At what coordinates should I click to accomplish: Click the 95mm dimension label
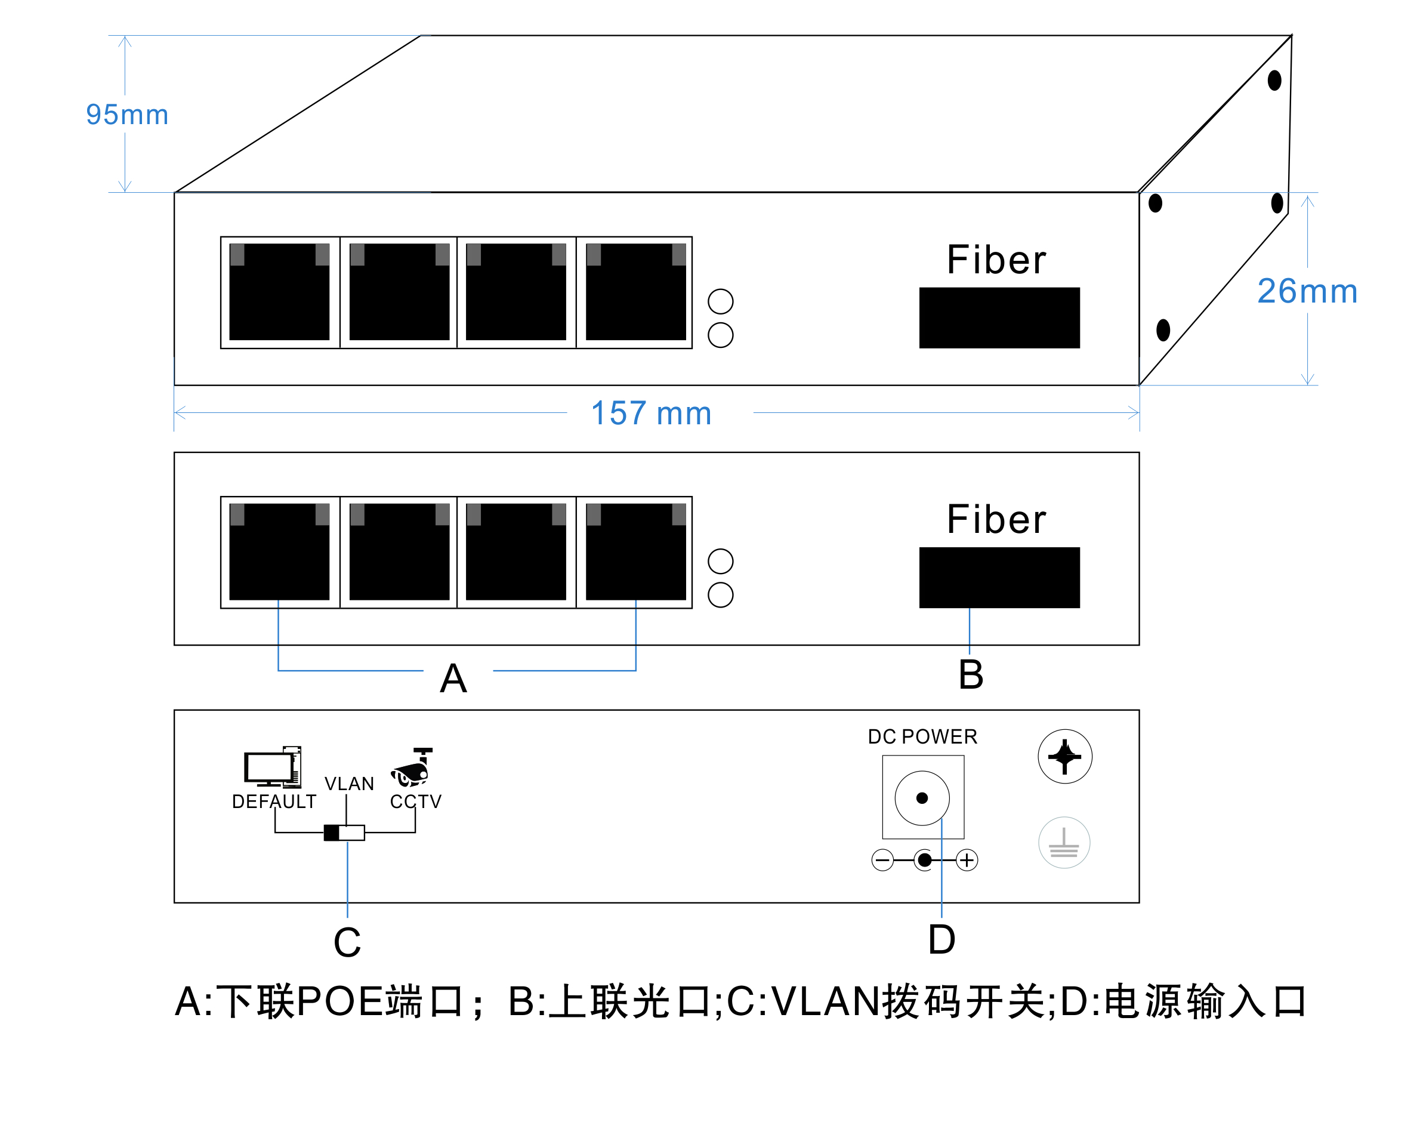[127, 115]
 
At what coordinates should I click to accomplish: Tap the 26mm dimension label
[1307, 291]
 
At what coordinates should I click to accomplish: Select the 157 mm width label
[651, 413]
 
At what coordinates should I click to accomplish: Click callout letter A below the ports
[453, 678]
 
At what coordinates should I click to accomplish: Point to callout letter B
[971, 674]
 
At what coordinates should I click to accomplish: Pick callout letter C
[347, 942]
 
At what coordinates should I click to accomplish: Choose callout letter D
[941, 939]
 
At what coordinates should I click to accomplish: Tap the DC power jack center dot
[922, 798]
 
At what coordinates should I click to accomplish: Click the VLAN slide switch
[344, 833]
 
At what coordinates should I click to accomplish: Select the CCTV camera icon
[412, 767]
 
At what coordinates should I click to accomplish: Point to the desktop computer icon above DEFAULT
[273, 767]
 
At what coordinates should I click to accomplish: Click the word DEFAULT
[274, 801]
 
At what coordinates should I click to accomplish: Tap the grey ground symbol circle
[1064, 843]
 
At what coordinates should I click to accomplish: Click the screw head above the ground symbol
[1065, 757]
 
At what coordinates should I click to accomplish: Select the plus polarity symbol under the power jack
[967, 860]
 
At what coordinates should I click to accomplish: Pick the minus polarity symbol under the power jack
[882, 860]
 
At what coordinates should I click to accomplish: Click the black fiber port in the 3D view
[999, 317]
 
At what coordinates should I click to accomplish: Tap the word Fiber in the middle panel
[996, 519]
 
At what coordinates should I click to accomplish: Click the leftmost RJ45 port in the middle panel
[279, 551]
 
